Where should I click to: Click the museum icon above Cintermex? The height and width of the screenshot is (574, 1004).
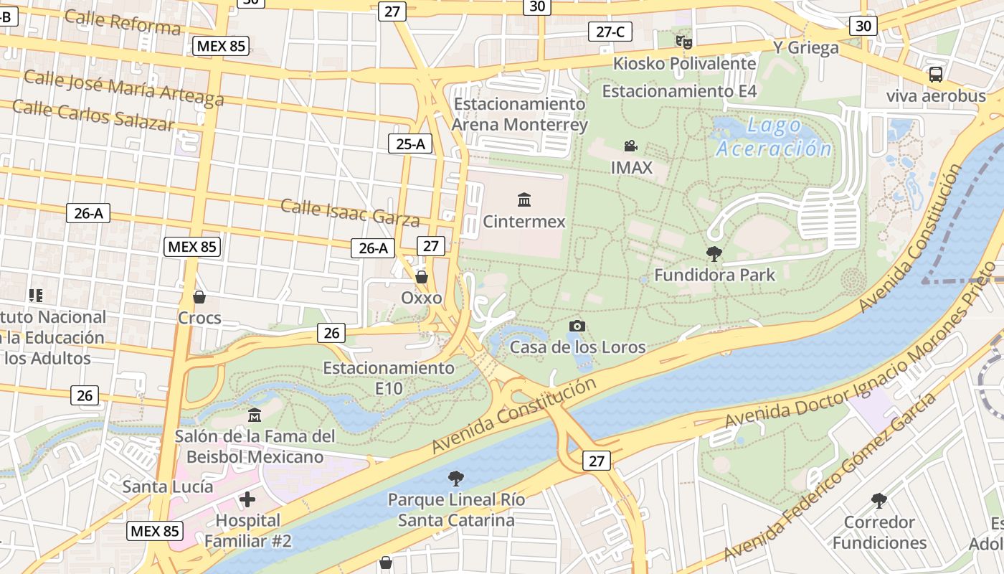524,199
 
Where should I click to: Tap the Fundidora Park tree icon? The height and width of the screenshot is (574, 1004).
714,253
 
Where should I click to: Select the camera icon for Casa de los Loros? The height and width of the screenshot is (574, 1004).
577,326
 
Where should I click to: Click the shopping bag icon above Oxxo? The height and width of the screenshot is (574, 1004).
422,276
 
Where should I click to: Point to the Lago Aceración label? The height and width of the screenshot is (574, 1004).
775,137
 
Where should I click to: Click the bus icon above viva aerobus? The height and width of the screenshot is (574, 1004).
935,74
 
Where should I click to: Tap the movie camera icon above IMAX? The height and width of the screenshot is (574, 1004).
630,146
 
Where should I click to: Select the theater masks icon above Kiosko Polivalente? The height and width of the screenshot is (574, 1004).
684,42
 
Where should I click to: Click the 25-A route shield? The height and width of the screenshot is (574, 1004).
410,143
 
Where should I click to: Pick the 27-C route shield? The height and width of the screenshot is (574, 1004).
610,32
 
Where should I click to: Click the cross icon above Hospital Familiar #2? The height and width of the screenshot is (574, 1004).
247,499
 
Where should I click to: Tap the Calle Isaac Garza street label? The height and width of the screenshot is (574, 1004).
349,212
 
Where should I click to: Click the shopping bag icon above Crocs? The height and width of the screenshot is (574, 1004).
199,296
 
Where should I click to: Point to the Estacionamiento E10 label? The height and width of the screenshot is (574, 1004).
389,378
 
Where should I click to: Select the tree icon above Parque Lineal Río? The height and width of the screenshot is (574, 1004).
455,478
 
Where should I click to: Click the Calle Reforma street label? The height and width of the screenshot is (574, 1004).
122,22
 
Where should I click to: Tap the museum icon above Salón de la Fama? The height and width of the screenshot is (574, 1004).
254,415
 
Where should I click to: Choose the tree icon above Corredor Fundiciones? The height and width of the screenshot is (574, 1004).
879,500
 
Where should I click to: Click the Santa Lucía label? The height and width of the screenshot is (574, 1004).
167,486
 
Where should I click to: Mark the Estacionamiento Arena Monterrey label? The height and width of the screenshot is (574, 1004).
520,114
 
